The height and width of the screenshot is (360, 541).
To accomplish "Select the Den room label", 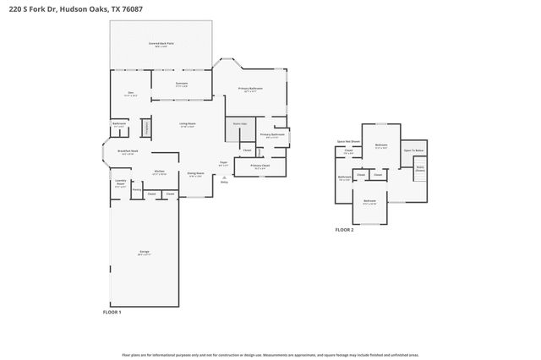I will point(131,93).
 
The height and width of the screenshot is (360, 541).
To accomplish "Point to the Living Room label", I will point(187,125).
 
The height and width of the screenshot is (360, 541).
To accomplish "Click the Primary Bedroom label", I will point(250,89).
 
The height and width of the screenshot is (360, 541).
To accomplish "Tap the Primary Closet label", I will point(260,166).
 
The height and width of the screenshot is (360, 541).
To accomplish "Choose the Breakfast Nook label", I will point(129,152).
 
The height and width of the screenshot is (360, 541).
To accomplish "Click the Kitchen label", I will point(158,172).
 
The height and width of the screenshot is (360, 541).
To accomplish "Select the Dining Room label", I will point(195,175).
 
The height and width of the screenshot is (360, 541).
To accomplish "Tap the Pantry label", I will point(136,190).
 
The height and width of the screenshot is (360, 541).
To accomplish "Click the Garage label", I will point(145,253).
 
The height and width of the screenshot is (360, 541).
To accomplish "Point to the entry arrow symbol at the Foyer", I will point(223,177).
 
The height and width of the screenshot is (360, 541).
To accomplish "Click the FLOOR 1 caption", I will point(112,313).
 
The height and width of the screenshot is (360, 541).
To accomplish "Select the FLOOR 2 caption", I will point(344,230).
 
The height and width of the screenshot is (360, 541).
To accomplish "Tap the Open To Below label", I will point(413,150).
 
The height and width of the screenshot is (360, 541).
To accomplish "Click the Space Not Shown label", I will point(348,141).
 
